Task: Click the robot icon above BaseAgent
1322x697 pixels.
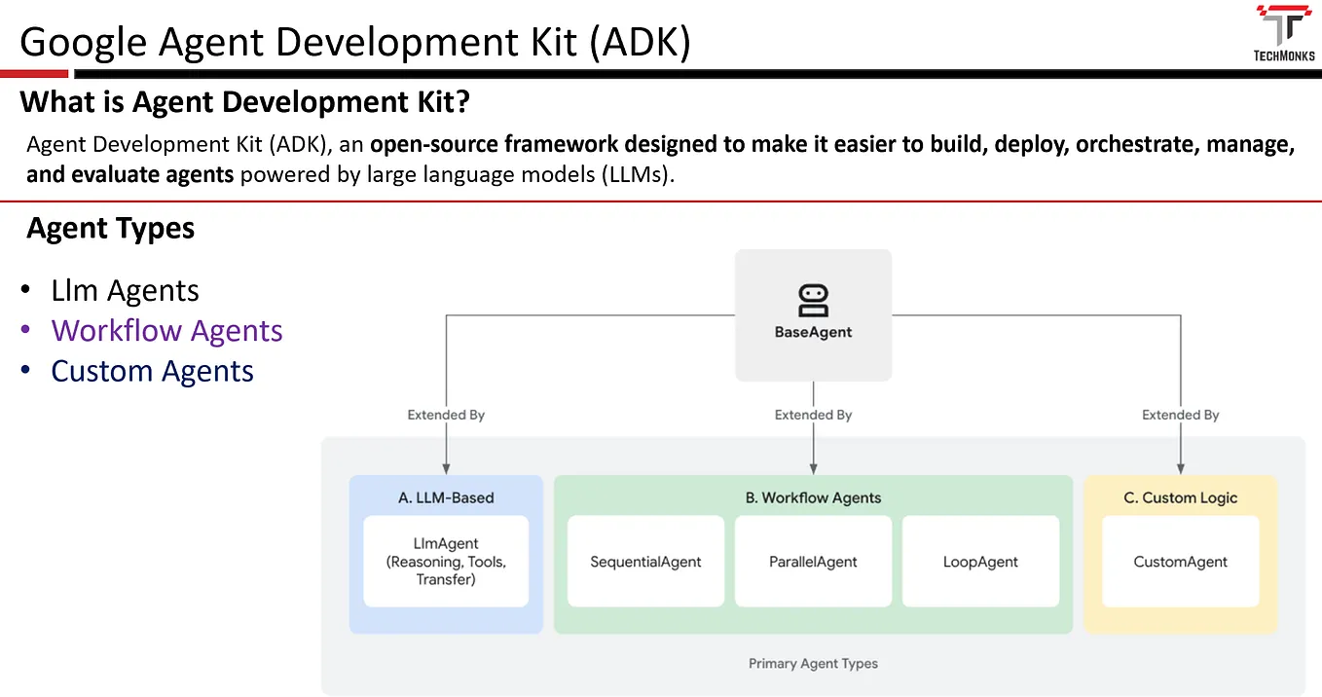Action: [x=813, y=300]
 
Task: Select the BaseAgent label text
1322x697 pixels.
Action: [x=813, y=332]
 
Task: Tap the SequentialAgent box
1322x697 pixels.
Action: [x=645, y=562]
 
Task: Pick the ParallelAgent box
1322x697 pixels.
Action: [x=813, y=562]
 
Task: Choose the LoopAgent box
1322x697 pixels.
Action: [x=980, y=562]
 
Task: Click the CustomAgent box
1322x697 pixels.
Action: [x=1180, y=562]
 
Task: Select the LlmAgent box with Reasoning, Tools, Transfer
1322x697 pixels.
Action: [x=446, y=562]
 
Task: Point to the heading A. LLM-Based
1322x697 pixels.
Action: [x=446, y=497]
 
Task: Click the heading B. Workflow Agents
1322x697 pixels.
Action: [x=813, y=497]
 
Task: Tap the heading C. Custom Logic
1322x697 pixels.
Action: [x=1180, y=497]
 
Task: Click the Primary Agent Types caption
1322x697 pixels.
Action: [x=813, y=663]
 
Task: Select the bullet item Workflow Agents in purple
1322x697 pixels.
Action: [x=166, y=331]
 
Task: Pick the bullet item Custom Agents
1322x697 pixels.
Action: [x=152, y=371]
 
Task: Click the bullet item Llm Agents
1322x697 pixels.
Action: [x=125, y=291]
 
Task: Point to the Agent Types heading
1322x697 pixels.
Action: [x=111, y=229]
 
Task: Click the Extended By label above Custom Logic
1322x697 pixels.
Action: [x=1180, y=415]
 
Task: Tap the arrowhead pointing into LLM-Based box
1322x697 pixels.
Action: [x=446, y=468]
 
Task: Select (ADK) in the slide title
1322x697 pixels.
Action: [x=640, y=44]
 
